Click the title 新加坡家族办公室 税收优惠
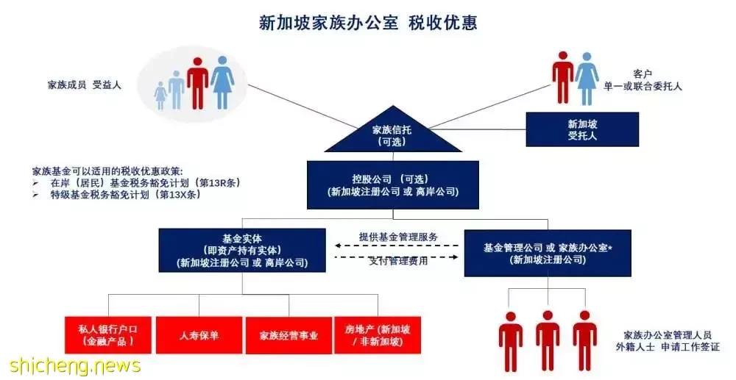click(368, 23)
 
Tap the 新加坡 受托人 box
click(582, 129)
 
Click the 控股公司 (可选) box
click(393, 185)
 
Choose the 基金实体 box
click(242, 250)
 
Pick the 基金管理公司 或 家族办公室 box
click(548, 253)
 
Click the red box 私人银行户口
click(108, 335)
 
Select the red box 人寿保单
click(199, 335)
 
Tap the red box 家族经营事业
click(289, 335)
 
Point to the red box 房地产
click(378, 335)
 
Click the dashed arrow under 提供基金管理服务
click(397, 245)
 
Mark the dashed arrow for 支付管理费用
click(397, 257)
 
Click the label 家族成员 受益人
click(85, 85)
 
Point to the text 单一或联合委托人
click(643, 86)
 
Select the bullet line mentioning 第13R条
click(136, 183)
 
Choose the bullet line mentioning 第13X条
click(116, 195)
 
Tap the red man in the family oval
click(197, 83)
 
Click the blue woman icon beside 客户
click(587, 78)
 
